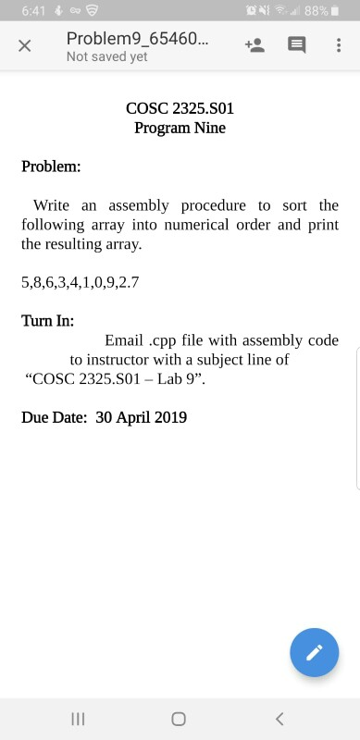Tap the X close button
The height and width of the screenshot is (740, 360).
pyautogui.click(x=25, y=46)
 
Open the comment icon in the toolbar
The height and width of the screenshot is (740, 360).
pyautogui.click(x=296, y=45)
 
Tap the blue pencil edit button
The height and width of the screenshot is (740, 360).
pyautogui.click(x=314, y=652)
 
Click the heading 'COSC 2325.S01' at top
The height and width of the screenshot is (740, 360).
pyautogui.click(x=180, y=109)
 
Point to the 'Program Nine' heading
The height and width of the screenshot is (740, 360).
pyautogui.click(x=180, y=128)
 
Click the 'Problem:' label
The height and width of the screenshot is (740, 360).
pyautogui.click(x=51, y=167)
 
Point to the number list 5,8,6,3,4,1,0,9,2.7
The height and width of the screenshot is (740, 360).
pyautogui.click(x=80, y=281)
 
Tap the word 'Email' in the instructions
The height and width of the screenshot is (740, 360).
pyautogui.click(x=124, y=340)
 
